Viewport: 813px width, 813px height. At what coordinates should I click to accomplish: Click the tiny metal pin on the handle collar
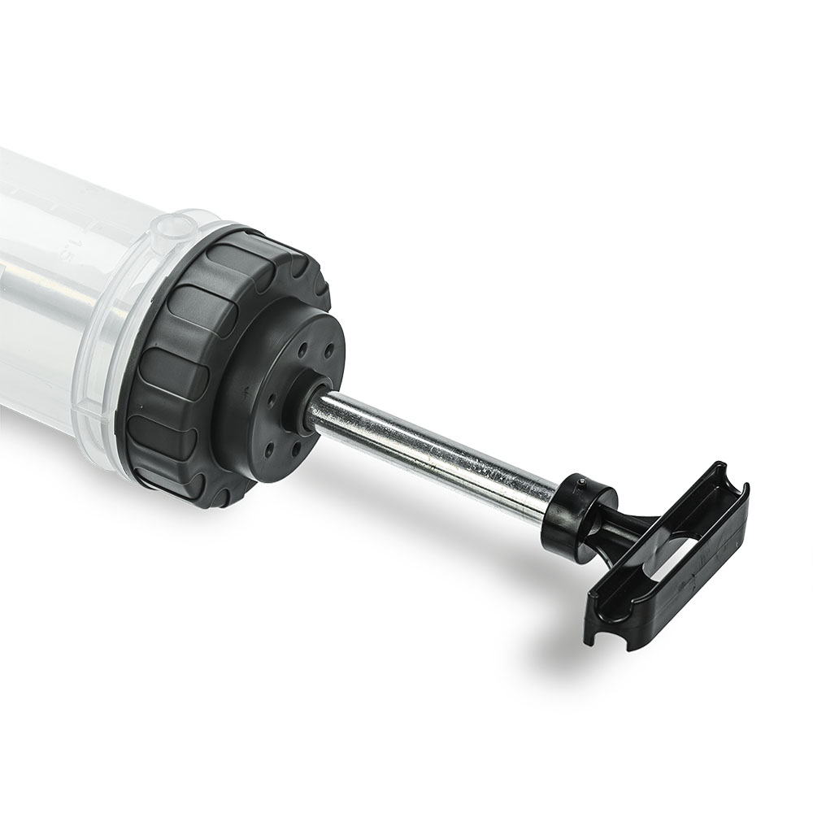pyautogui.click(x=581, y=481)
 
